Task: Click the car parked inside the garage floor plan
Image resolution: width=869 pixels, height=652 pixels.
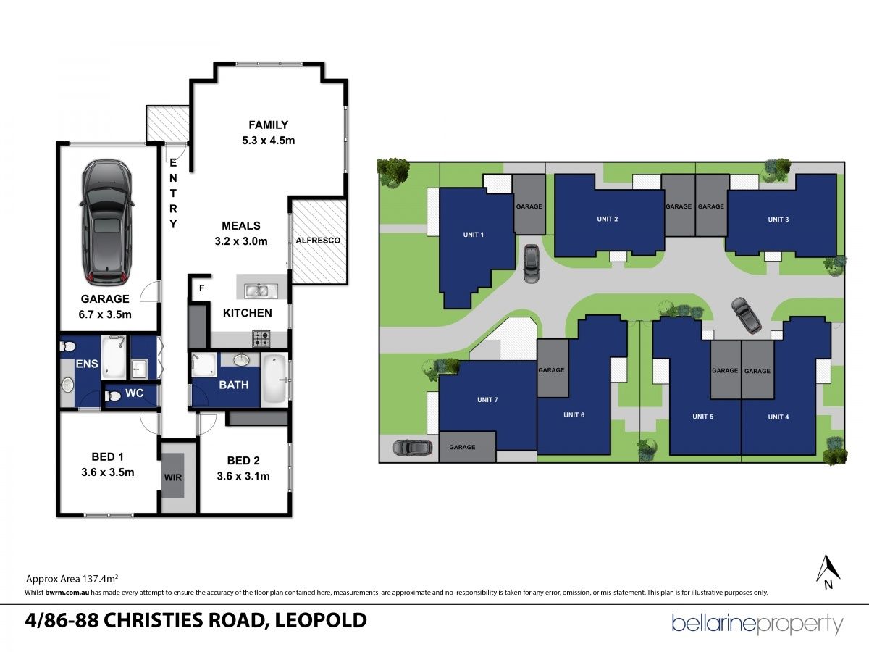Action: click(106, 223)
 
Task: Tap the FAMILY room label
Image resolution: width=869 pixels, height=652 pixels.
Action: click(269, 125)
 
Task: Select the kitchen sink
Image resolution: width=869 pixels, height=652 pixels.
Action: click(257, 291)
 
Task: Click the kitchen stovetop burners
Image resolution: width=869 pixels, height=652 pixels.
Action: click(261, 339)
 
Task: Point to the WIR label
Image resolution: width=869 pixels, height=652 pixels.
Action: click(173, 477)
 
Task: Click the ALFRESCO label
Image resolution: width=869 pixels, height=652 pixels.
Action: click(318, 241)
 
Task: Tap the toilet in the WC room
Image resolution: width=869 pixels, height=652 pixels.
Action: click(113, 396)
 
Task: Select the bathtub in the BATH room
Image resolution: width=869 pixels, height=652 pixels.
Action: click(274, 379)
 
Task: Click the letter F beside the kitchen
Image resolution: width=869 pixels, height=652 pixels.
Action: click(201, 288)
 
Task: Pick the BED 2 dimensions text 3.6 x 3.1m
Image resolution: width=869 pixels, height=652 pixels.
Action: click(243, 476)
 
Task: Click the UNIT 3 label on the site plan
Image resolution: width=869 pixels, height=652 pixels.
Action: click(778, 220)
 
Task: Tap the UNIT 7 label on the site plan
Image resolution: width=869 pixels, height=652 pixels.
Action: click(487, 400)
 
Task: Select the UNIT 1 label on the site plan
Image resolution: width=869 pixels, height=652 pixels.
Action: click(474, 235)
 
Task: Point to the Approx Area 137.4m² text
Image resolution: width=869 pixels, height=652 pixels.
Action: click(72, 578)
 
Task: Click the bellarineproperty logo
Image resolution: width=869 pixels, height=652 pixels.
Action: click(757, 624)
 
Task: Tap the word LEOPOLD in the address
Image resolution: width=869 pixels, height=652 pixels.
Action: click(321, 620)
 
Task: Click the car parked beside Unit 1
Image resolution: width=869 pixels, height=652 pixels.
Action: click(532, 264)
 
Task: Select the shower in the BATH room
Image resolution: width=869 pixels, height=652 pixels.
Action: click(204, 365)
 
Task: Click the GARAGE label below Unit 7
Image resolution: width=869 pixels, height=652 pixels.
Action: click(462, 447)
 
